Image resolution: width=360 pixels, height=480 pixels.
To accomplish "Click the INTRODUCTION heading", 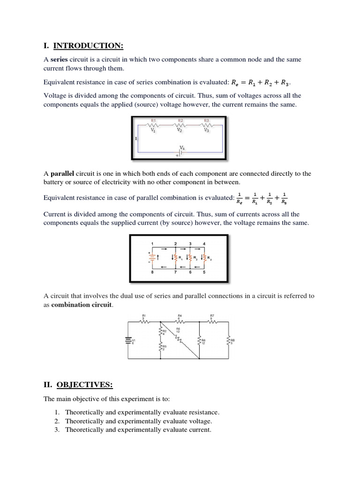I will pos(88,45).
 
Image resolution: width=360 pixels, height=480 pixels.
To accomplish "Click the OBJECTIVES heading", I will pos(84,385).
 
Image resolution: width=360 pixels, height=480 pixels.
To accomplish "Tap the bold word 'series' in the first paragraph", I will pos(59,60).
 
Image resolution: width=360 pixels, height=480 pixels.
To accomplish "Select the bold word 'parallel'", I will pos(62,173).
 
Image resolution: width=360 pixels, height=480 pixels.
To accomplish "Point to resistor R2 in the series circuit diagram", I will pos(180,125).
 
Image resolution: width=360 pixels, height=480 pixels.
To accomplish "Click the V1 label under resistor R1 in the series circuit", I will pos(153,131).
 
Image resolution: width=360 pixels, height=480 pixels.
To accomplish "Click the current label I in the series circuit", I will pos(135,139).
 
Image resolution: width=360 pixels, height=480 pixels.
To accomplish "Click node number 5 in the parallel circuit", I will pos(204,271).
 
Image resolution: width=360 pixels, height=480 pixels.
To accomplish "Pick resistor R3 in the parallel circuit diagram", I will pos(204,257).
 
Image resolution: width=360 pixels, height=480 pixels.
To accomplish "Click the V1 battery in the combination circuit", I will pos(128,340).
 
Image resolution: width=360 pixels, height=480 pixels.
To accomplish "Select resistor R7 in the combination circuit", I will pos(212,322).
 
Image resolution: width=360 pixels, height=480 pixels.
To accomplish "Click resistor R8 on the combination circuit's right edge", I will pos(228,340).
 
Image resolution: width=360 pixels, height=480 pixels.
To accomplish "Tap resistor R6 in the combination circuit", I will pos(200,341).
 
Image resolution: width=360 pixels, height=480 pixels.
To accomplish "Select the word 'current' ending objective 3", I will pos(200,429).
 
